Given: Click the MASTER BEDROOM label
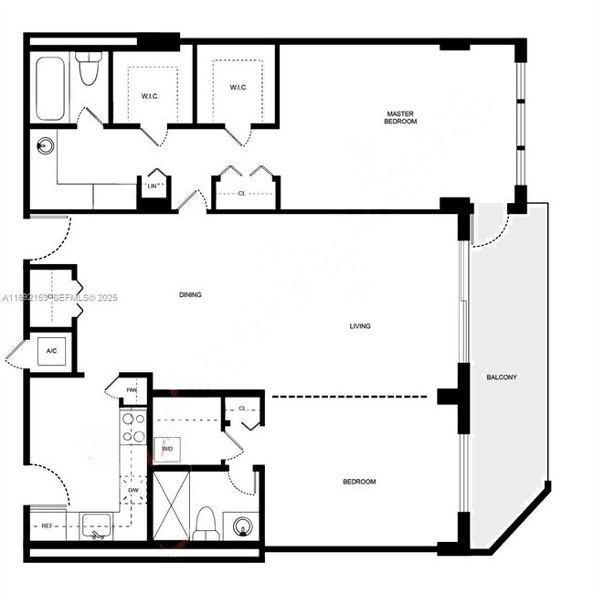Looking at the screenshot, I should (400, 116).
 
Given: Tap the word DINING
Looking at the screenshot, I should (190, 294).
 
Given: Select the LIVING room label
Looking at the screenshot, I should (360, 325).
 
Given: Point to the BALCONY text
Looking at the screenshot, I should (503, 377).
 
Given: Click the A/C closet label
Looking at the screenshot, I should (52, 351).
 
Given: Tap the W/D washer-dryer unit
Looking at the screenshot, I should (168, 449).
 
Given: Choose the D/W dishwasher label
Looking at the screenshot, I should (133, 490).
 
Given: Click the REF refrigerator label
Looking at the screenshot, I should (47, 526).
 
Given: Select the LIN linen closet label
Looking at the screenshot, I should (154, 186).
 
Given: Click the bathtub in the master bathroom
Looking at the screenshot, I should (50, 88).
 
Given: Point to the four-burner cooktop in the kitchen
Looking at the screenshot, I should (133, 427).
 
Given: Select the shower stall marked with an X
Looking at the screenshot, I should (170, 504).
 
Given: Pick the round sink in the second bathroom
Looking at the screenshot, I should (242, 526).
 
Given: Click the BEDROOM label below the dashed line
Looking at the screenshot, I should (358, 482).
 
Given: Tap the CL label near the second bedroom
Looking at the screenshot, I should (243, 409).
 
